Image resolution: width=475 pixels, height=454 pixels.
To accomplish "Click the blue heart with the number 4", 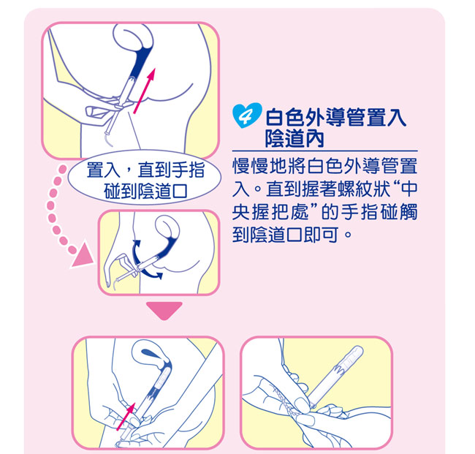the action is [247, 116].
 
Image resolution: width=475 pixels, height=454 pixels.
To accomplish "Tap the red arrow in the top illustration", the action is [145, 91].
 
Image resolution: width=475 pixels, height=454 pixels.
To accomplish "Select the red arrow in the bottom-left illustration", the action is [126, 417].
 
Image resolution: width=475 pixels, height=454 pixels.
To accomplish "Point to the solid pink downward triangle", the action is [164, 310].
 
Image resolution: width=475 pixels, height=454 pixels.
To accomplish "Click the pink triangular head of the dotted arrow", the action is [83, 255].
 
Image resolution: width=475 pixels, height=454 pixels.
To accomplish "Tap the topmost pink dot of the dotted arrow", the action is [62, 169].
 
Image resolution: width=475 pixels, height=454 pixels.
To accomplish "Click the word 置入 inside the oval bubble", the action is [103, 170].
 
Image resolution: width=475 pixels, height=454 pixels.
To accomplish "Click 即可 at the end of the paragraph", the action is [322, 234].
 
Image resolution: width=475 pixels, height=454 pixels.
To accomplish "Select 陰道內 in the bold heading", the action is [294, 139].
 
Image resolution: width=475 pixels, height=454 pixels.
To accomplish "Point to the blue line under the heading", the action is [324, 151].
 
